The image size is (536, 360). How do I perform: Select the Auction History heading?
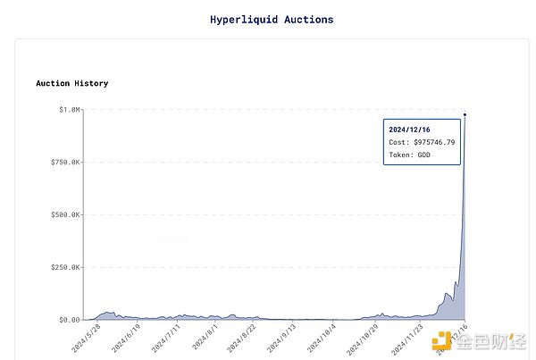[72, 83]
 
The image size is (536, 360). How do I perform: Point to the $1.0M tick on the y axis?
[69, 109]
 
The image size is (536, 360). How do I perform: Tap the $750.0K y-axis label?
[64, 162]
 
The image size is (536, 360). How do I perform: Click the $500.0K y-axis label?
[64, 214]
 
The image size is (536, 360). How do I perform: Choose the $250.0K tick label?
[64, 267]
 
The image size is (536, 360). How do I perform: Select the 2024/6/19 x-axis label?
[126, 339]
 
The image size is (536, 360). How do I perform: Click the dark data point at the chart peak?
[465, 114]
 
